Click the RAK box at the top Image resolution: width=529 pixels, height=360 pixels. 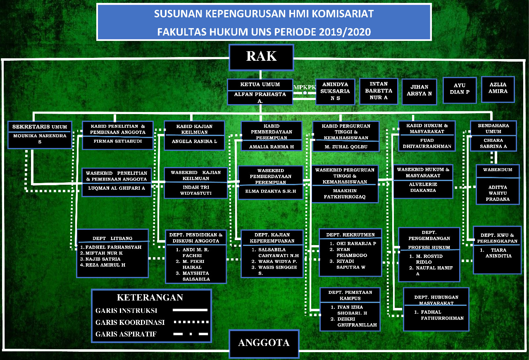pyautogui.click(x=261, y=57)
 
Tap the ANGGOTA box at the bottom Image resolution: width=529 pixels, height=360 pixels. pyautogui.click(x=264, y=343)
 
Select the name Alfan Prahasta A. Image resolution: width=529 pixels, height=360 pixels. pyautogui.click(x=260, y=98)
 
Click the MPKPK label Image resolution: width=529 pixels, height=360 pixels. pyautogui.click(x=305, y=87)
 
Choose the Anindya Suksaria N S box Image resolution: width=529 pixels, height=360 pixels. pyautogui.click(x=335, y=92)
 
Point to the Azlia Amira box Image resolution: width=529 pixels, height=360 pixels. pyautogui.click(x=498, y=89)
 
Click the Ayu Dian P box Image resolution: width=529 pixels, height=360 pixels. pyautogui.click(x=460, y=89)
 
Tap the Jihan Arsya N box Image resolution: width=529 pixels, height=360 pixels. pyautogui.click(x=419, y=91)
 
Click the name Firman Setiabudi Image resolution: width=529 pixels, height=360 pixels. pyautogui.click(x=117, y=140)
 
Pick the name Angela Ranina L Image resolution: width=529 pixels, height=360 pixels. pyautogui.click(x=194, y=141)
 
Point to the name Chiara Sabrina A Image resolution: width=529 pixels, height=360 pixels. pyautogui.click(x=493, y=143)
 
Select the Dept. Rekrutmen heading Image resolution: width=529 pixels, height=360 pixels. pyautogui.click(x=350, y=235)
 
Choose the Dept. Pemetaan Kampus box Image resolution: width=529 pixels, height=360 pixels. pyautogui.click(x=350, y=310)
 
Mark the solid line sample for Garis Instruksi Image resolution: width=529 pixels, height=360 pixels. pyautogui.click(x=190, y=310)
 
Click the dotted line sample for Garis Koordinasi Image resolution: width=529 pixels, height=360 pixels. pyautogui.click(x=190, y=322)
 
